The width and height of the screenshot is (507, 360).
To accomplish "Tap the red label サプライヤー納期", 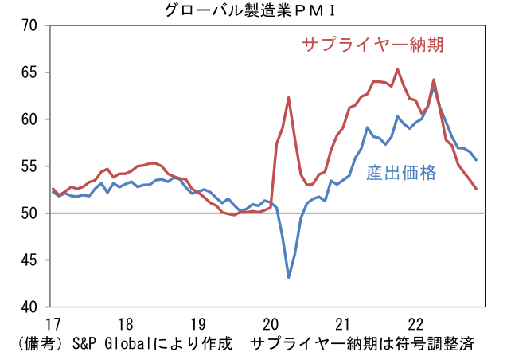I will (x=371, y=44).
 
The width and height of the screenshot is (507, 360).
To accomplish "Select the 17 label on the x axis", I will (x=53, y=325).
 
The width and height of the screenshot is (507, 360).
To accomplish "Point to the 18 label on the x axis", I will (x=125, y=325).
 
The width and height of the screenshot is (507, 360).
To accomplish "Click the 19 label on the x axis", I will (x=197, y=325).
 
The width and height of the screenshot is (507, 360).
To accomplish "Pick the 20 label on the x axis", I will (x=271, y=325).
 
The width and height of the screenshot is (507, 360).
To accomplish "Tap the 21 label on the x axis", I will (x=343, y=325).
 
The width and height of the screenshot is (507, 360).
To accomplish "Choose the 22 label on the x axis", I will (x=415, y=325).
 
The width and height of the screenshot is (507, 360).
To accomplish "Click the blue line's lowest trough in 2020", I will (x=289, y=277).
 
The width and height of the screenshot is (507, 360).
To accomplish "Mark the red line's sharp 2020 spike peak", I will (x=289, y=98).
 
